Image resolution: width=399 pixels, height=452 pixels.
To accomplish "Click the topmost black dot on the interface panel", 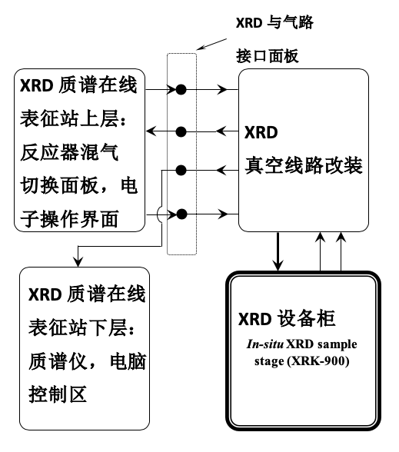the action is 181,90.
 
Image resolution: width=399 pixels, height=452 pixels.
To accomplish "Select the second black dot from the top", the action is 181,132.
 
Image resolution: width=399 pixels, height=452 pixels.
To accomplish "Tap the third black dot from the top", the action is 181,171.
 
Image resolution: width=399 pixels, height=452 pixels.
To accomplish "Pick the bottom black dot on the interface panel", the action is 181,214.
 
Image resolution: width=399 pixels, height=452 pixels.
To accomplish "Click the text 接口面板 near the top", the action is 268,56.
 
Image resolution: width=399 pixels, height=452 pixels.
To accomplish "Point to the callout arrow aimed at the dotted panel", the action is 211,44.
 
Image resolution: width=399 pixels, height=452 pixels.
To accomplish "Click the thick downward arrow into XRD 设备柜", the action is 278,251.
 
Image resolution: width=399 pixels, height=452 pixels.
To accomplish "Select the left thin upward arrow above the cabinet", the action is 321,251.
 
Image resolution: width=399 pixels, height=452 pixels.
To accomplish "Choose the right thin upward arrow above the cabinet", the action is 341,251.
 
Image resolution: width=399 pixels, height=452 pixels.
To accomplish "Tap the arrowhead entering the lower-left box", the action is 78,261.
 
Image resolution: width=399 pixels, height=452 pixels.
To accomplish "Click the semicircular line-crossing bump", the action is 158,214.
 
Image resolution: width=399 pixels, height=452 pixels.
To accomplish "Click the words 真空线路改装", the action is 304,165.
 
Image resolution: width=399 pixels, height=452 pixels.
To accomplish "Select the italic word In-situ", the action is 265,344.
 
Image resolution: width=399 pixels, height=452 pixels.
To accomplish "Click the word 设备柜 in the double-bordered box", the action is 307,318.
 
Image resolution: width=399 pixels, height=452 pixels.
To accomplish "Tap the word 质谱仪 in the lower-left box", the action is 58,361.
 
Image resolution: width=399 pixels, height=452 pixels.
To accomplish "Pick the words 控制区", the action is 58,394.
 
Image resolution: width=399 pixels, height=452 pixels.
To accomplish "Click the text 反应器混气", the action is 69,152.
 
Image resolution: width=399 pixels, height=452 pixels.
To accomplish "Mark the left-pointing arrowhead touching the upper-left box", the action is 151,131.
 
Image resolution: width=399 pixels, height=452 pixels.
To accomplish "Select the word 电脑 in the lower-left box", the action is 128,361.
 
